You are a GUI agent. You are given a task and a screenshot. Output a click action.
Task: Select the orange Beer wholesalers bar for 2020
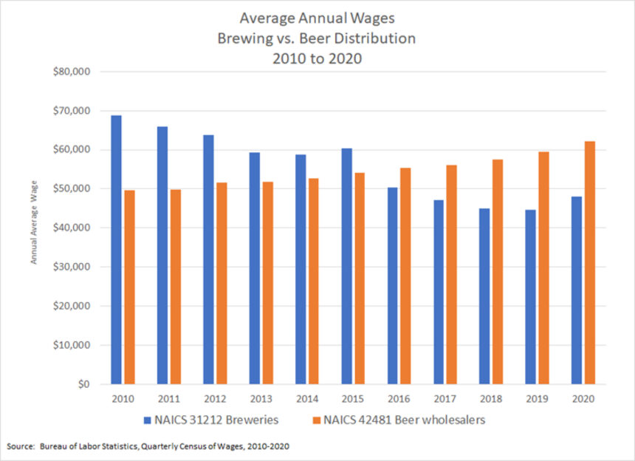pyautogui.click(x=588, y=262)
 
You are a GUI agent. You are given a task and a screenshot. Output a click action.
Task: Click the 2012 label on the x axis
pyautogui.click(x=216, y=399)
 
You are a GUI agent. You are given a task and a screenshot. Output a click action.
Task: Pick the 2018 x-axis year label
pyautogui.click(x=491, y=399)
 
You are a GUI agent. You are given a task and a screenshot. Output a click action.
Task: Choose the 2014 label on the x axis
pyautogui.click(x=307, y=399)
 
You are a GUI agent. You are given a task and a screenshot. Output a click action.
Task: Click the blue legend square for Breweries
pyautogui.click(x=147, y=420)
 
